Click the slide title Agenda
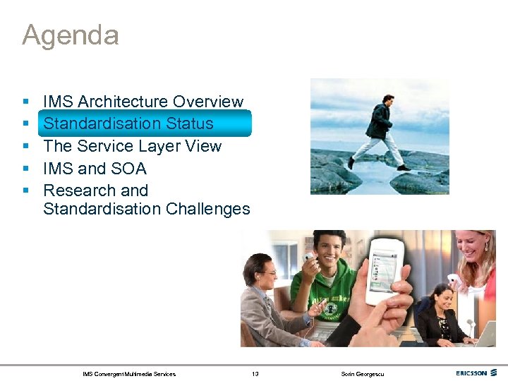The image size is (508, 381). pyautogui.click(x=70, y=35)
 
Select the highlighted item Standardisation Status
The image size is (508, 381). pyautogui.click(x=128, y=123)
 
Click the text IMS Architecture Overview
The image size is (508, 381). pyautogui.click(x=143, y=102)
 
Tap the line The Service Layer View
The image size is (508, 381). pyautogui.click(x=132, y=146)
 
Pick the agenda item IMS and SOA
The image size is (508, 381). pyautogui.click(x=95, y=169)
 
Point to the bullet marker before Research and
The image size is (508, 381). pyautogui.click(x=25, y=191)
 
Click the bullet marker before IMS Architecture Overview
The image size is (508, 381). pyautogui.click(x=25, y=102)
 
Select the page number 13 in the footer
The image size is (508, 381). pyautogui.click(x=255, y=374)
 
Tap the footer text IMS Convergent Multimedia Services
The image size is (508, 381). pyautogui.click(x=129, y=374)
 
